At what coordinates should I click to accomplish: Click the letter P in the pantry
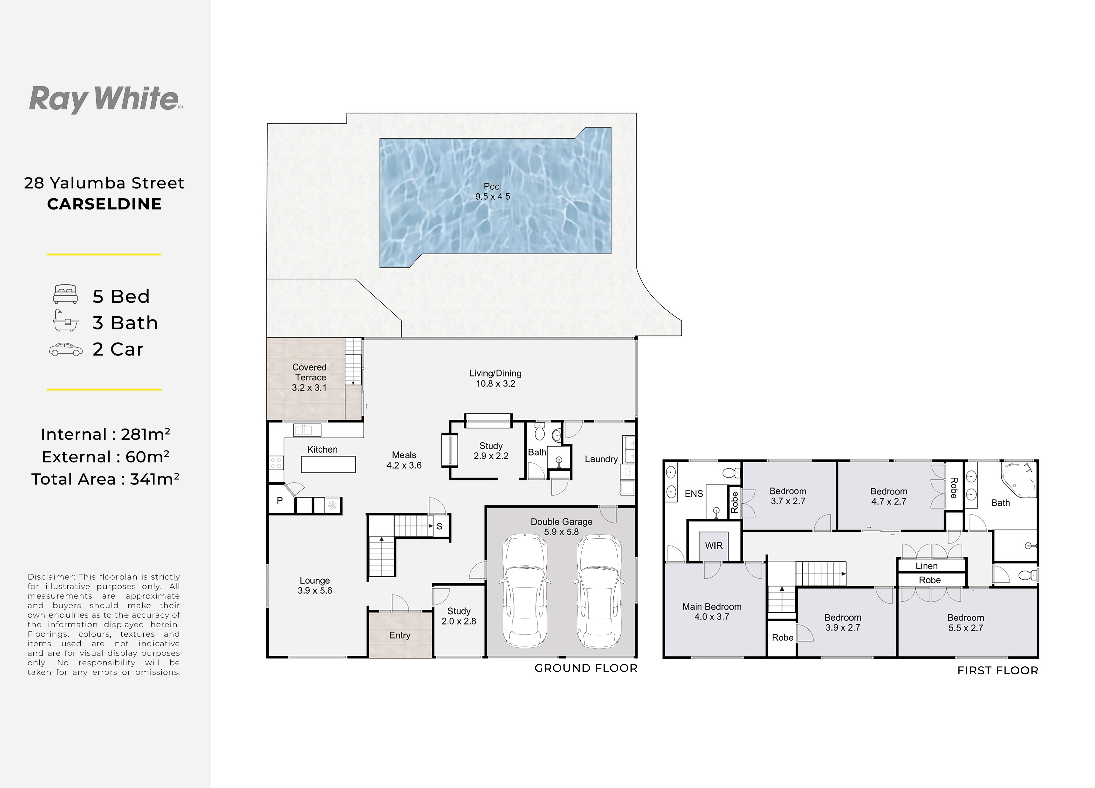(280, 501)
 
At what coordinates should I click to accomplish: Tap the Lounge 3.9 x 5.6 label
(315, 585)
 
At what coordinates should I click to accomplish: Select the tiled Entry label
(400, 635)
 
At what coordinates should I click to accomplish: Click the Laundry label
(601, 459)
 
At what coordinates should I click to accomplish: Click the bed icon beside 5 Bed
(66, 294)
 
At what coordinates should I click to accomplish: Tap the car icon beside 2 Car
(66, 350)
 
